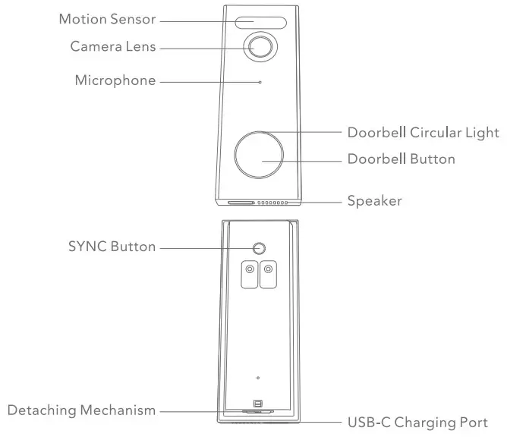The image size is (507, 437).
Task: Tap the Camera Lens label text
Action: [113, 47]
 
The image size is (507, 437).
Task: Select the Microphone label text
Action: [115, 80]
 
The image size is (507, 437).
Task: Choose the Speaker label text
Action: [374, 201]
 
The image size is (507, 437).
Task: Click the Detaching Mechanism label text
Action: [81, 410]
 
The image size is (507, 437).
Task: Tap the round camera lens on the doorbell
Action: [260, 47]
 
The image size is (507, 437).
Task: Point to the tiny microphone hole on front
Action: [260, 80]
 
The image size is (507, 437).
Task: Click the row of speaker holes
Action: [272, 203]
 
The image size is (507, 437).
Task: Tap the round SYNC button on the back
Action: [260, 248]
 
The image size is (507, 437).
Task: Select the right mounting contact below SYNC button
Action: [269, 275]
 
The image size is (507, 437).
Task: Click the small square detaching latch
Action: [258, 404]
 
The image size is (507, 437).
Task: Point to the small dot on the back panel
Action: [258, 377]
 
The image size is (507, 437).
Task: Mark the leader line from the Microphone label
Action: [209, 80]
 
